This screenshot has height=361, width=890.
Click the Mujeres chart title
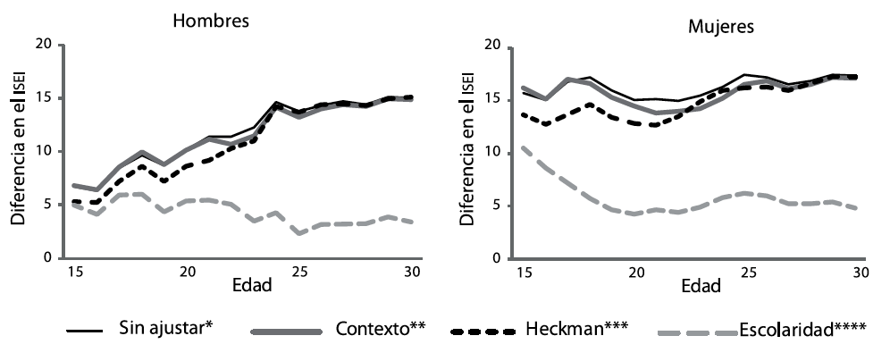[719, 26]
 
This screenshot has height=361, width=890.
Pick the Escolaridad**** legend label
[802, 330]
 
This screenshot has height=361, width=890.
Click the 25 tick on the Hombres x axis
[299, 272]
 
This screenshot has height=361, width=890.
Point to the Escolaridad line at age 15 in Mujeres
[523, 147]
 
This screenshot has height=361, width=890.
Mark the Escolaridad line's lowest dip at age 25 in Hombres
[300, 233]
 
